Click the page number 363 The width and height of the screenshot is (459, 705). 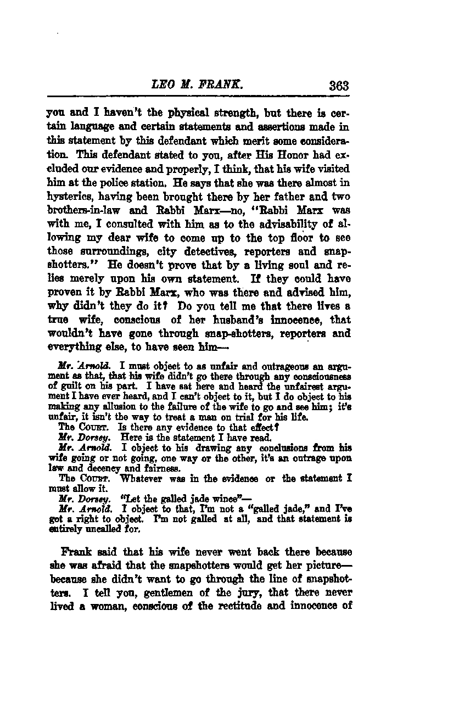pyautogui.click(x=338, y=86)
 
